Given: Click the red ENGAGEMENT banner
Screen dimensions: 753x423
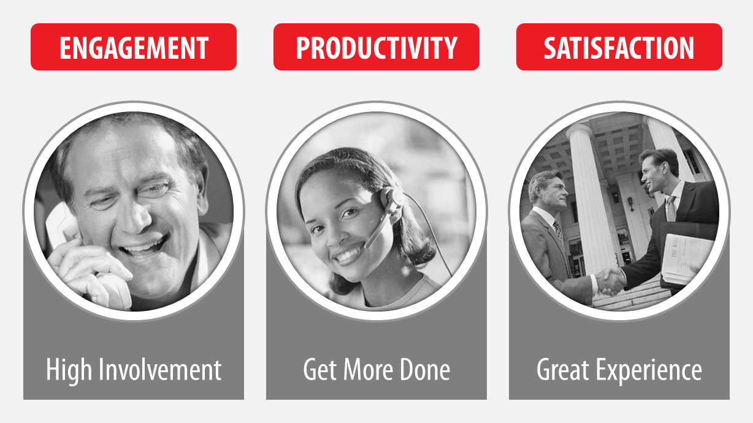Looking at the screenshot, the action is [134, 47].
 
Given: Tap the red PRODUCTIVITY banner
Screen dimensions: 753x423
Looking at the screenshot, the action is [376, 47].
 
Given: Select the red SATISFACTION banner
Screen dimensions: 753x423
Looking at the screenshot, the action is [619, 47].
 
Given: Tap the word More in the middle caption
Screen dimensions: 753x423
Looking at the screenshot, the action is [368, 370].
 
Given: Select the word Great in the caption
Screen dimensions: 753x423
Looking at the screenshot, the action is [562, 370].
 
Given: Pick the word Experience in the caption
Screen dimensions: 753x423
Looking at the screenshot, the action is [649, 371].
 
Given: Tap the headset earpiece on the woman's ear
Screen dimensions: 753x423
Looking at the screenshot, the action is [392, 201].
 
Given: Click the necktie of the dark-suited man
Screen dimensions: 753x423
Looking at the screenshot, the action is [671, 209].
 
